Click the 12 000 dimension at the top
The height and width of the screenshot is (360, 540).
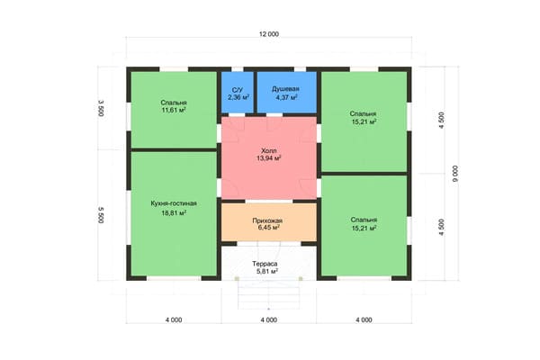[269, 34]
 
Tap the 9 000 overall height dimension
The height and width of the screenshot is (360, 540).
[455, 174]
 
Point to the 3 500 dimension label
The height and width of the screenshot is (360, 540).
[101, 108]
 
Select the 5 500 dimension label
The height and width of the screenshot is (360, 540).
[101, 215]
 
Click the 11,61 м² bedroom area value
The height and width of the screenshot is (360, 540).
[174, 110]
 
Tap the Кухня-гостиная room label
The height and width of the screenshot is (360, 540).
[174, 203]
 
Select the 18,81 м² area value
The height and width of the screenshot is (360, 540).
[174, 213]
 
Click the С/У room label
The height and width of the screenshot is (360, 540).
[238, 90]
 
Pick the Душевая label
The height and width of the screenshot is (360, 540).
[285, 89]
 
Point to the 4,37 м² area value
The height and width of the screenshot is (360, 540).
[286, 97]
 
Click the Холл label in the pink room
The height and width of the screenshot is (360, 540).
[268, 151]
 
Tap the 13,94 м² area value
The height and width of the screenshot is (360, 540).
[268, 158]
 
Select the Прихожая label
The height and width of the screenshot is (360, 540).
[267, 220]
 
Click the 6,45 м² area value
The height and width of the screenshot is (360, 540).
[268, 228]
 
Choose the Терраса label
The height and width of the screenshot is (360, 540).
[265, 264]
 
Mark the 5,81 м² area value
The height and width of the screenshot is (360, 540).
[267, 272]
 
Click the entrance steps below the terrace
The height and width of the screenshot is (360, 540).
[268, 295]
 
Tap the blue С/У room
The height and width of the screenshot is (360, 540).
[238, 93]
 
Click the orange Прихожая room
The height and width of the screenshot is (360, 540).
[268, 222]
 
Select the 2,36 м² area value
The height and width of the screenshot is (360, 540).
[238, 97]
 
